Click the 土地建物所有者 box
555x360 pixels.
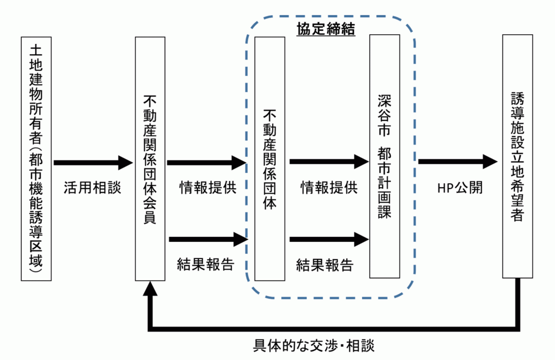coord(36,158)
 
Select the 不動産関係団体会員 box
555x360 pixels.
coord(150,158)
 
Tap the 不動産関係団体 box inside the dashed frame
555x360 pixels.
coord(269,158)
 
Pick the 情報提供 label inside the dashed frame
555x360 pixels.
coord(329,188)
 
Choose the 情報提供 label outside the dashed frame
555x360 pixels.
coord(208,188)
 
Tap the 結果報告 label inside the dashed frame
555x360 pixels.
coord(325,265)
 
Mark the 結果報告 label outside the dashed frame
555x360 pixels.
coord(205,264)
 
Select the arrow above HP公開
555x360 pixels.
coord(458,161)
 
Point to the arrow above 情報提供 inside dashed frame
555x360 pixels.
coord(329,161)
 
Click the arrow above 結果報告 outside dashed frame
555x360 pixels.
coord(208,238)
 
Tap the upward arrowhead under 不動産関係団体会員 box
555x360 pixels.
coord(150,290)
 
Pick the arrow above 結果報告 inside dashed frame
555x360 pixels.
coord(329,238)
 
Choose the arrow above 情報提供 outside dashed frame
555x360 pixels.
coord(206,162)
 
